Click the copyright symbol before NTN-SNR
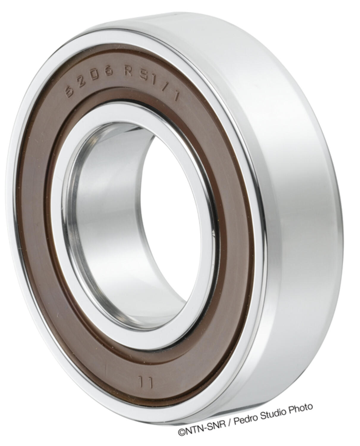(x=182, y=433)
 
